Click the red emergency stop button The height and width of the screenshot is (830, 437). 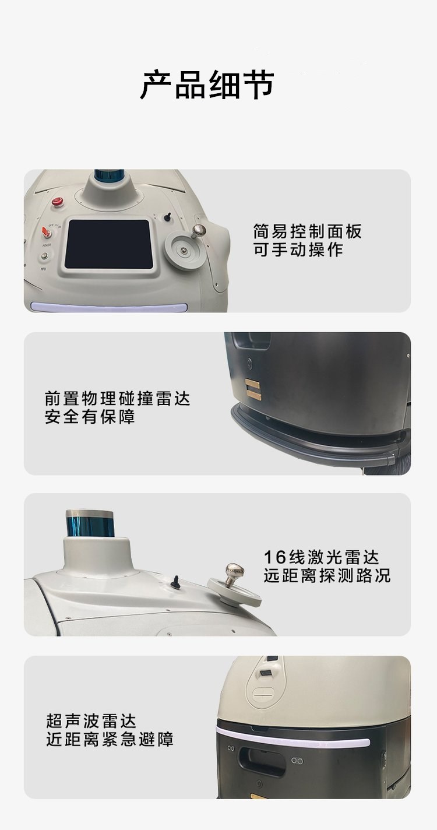57,202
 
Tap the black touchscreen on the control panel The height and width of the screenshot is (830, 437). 108,245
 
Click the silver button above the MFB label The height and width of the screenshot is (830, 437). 44,256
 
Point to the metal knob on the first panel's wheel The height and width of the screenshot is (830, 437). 199,230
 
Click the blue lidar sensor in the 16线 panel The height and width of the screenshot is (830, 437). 90,522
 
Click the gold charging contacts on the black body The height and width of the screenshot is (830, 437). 253,389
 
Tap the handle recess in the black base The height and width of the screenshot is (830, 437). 262,762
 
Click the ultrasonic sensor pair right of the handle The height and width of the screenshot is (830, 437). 297,761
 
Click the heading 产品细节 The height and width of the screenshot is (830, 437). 207,85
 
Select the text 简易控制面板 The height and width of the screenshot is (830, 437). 308,231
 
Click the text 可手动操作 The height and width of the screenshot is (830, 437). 298,249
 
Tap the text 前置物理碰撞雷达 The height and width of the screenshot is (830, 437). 117,399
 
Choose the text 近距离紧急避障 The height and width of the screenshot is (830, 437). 110,739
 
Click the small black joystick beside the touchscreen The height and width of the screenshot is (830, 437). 168,217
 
